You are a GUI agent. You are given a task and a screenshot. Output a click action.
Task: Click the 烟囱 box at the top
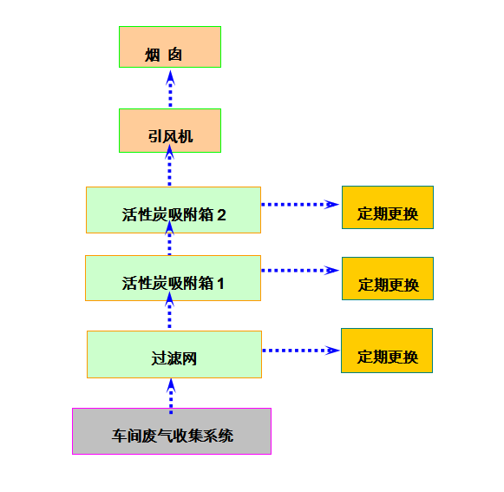170,47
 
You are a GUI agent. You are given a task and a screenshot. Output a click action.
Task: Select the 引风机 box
170,130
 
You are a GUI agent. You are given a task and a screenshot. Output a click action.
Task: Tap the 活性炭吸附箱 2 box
173,210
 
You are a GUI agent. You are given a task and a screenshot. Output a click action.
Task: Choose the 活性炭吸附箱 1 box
173,279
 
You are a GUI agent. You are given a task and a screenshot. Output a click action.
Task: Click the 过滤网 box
174,354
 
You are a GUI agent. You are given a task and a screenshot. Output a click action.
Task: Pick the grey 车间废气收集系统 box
172,431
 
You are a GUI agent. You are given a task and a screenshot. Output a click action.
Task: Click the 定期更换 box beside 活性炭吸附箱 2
388,207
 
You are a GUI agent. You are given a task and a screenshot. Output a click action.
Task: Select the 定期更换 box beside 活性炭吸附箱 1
388,279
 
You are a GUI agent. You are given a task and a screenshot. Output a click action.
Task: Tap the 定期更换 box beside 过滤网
387,351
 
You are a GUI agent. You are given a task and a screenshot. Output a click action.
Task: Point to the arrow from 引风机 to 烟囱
170,89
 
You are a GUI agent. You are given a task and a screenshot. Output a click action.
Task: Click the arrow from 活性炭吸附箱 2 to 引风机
169,165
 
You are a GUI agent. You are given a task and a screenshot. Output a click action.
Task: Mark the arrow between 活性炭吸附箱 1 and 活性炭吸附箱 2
169,238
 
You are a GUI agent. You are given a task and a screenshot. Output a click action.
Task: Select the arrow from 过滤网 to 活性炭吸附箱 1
169,310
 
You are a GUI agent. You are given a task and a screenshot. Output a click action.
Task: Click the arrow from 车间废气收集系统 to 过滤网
171,397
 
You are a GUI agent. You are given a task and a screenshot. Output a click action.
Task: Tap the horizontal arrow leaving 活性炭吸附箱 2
300,205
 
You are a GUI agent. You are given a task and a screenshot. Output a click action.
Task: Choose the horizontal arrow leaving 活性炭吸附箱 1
300,271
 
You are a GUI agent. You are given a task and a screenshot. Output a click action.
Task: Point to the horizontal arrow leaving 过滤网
301,351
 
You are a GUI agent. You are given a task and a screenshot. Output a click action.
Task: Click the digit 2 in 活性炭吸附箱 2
221,215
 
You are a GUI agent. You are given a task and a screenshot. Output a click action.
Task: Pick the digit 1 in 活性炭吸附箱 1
220,284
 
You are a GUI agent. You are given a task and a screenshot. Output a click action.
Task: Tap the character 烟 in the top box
153,55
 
